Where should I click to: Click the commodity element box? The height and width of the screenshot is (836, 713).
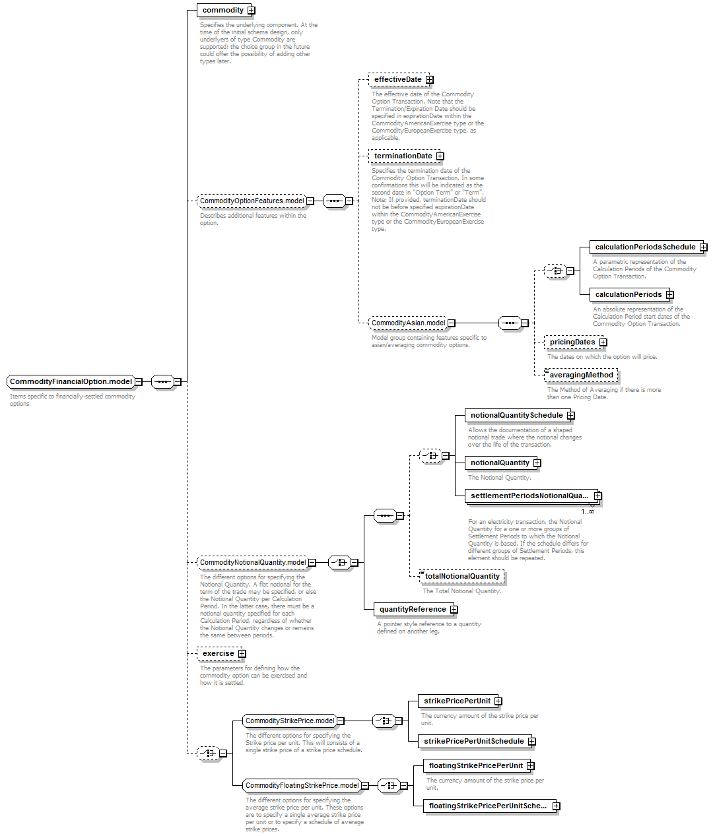click(x=226, y=10)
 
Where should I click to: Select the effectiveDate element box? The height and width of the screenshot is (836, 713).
click(x=401, y=79)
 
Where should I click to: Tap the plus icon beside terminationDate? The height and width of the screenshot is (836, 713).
click(x=440, y=156)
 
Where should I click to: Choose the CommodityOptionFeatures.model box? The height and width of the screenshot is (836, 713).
click(x=255, y=201)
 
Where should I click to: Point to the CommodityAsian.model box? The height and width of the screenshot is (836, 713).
click(x=411, y=323)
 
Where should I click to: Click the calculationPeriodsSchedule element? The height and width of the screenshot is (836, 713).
click(x=648, y=247)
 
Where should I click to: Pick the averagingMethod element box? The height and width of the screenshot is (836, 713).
click(x=581, y=375)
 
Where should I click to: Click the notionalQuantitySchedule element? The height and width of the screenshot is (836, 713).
click(x=520, y=416)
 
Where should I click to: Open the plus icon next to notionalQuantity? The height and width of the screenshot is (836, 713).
click(x=537, y=463)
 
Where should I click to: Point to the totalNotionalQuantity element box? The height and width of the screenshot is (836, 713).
click(x=461, y=576)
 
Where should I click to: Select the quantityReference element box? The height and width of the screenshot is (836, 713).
click(x=415, y=609)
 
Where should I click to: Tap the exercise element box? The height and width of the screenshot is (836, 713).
click(x=221, y=654)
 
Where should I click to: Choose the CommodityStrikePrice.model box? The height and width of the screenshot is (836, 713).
click(x=293, y=721)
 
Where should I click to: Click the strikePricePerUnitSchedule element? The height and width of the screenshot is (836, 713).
click(x=477, y=742)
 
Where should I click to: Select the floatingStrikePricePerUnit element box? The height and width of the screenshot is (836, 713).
click(x=479, y=765)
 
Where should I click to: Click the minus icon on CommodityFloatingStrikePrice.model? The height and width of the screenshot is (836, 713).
click(x=365, y=785)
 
